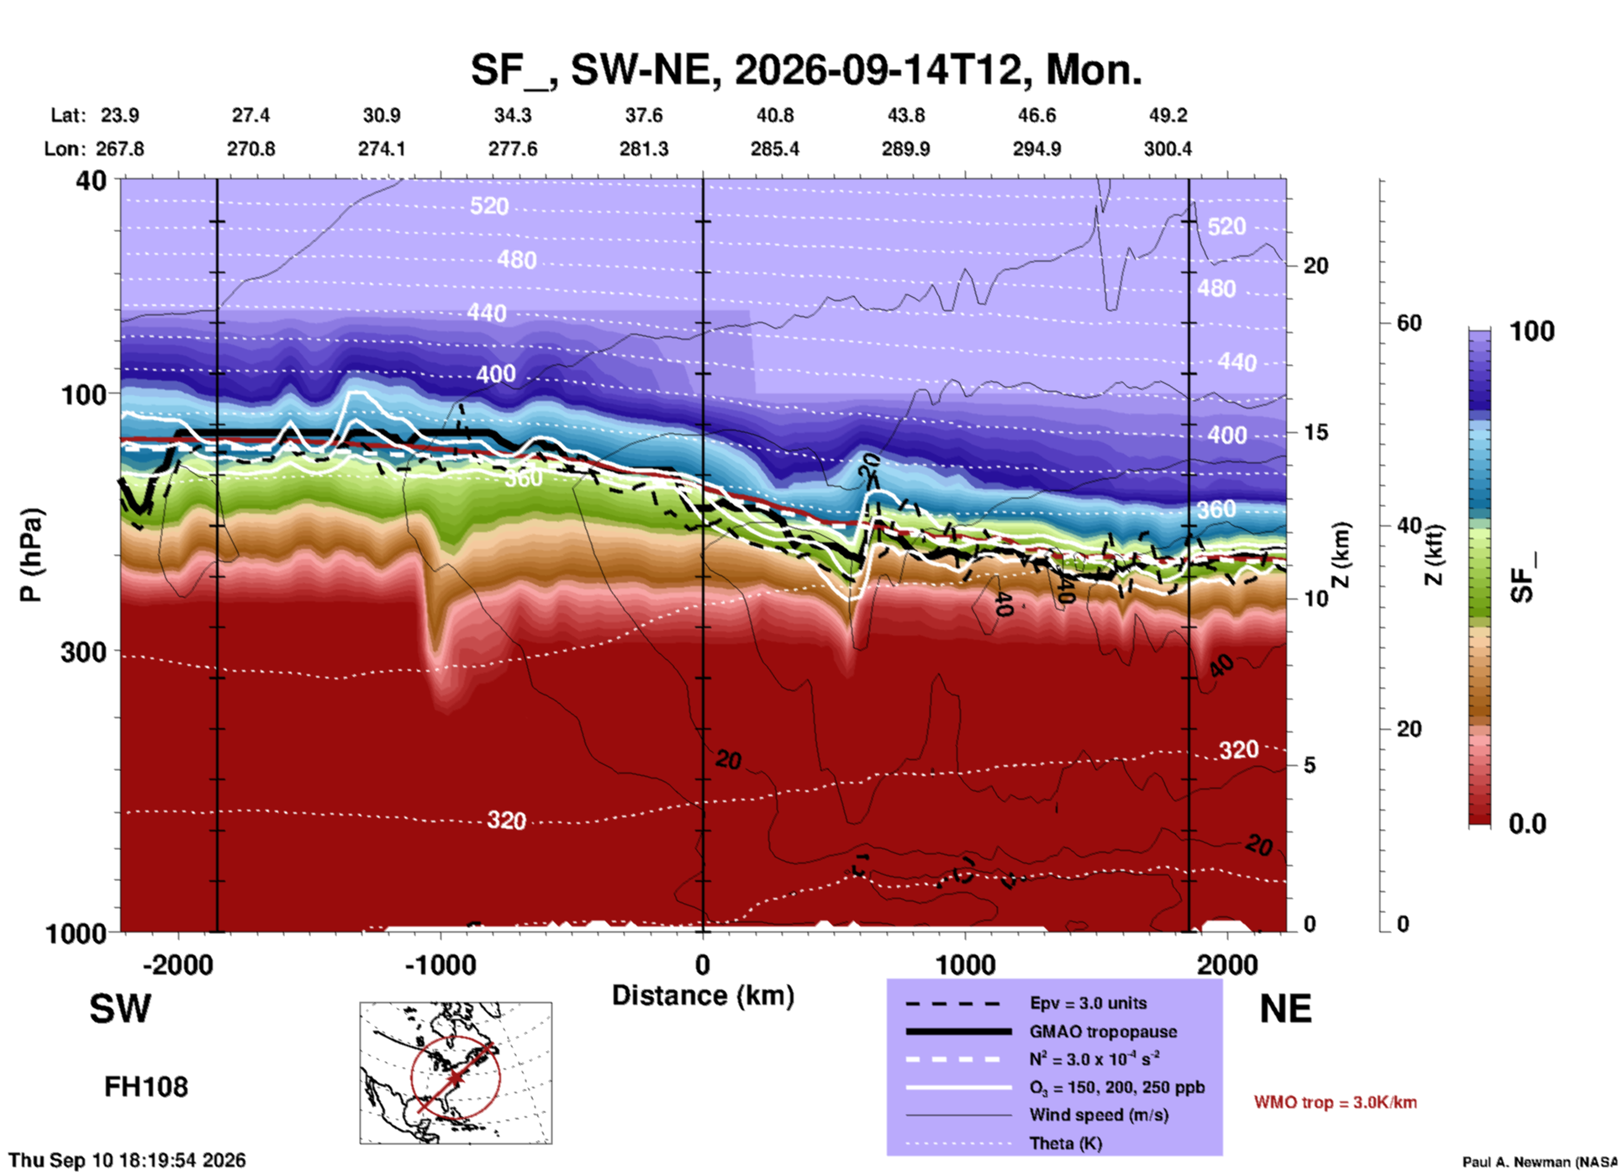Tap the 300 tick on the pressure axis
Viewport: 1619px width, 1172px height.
click(x=84, y=652)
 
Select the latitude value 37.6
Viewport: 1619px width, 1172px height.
click(x=644, y=115)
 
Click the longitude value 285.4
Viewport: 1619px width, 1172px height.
click(x=775, y=149)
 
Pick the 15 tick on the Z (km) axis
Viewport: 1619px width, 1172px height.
click(x=1316, y=432)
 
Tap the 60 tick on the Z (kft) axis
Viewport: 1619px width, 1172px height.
click(x=1409, y=323)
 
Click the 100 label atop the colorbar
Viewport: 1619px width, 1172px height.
click(x=1532, y=331)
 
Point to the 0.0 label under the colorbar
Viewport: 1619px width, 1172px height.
click(x=1527, y=824)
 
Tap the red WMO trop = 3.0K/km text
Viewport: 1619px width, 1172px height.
click(x=1335, y=1102)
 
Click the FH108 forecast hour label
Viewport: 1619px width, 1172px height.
click(x=146, y=1087)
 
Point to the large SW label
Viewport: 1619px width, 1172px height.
click(x=120, y=1009)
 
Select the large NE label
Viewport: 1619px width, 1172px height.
click(x=1285, y=1009)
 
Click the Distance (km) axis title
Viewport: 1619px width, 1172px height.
click(x=703, y=995)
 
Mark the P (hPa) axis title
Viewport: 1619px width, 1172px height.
click(x=31, y=555)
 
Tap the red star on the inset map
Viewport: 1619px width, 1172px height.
click(x=455, y=1078)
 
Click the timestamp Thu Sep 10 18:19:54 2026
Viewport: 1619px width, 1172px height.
click(x=127, y=1160)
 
